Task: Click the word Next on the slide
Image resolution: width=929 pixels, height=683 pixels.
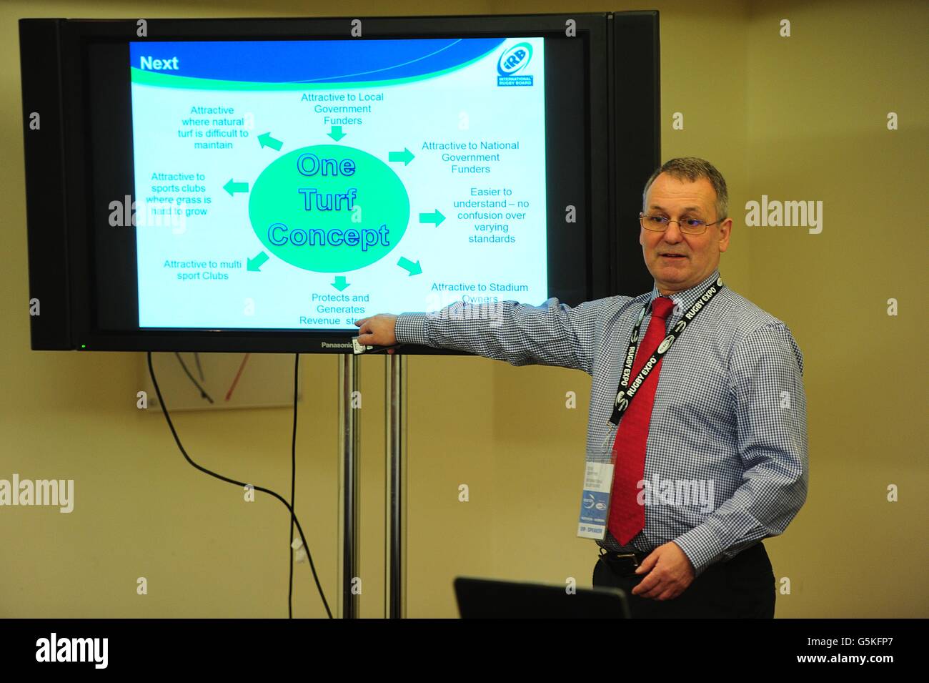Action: (159, 63)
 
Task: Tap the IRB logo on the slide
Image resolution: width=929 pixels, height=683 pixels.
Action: (515, 65)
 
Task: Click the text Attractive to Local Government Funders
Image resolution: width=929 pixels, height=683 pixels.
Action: (342, 109)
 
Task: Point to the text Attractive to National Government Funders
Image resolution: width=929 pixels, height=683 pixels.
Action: (470, 157)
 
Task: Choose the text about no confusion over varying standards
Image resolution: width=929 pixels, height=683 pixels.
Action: (491, 215)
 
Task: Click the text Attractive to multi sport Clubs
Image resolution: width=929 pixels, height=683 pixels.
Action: (202, 270)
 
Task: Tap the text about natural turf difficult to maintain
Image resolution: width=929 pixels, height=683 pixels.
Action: (212, 127)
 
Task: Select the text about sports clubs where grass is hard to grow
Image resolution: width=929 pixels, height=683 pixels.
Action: (179, 195)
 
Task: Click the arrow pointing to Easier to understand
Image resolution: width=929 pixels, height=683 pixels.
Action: (432, 218)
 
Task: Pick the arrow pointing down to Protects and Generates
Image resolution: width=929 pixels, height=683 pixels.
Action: (341, 282)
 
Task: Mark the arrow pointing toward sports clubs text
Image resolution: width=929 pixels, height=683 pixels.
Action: (235, 188)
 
